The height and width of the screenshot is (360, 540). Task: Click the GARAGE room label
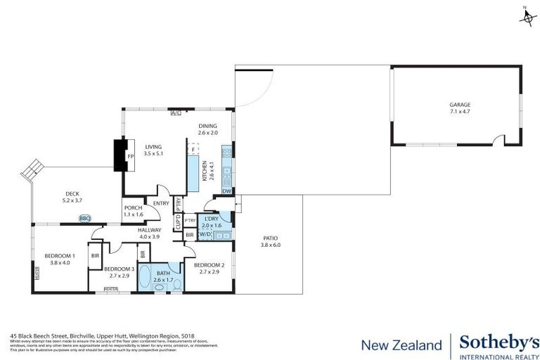coord(460,105)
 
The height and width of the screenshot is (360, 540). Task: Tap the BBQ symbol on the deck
coord(85,219)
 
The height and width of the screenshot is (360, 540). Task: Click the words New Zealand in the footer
coord(401,345)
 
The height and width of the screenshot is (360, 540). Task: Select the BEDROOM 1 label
coord(56,255)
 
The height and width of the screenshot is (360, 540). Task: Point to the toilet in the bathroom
coord(176,283)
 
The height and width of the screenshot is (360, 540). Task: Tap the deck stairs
coord(31,169)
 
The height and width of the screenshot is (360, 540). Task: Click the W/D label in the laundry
coord(205,234)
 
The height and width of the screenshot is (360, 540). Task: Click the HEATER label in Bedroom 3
coord(111,289)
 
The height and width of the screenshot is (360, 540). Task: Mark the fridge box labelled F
coord(193,149)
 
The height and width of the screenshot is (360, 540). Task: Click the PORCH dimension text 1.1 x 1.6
coord(134,215)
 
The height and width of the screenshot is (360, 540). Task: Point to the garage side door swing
coord(499,142)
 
